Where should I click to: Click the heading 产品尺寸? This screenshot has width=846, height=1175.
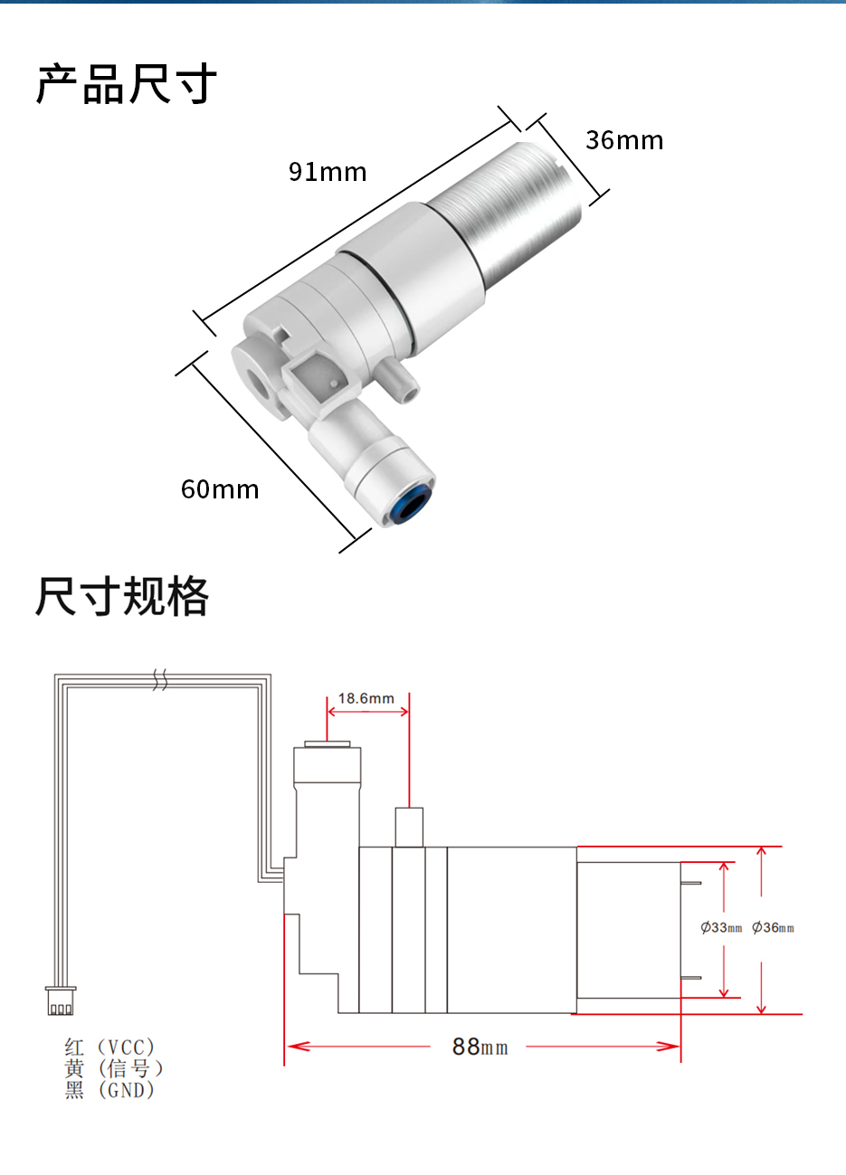(127, 84)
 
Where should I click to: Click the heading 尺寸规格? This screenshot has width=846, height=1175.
(122, 596)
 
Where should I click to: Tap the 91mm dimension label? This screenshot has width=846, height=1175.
(328, 172)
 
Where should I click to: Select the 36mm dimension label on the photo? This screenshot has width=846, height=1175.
(624, 140)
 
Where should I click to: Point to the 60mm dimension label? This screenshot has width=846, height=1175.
(220, 489)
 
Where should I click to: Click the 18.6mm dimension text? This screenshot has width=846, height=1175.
(366, 698)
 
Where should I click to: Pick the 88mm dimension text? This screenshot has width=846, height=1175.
(480, 1047)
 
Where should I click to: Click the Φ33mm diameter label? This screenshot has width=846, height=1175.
(721, 927)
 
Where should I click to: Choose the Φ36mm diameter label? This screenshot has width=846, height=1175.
(774, 927)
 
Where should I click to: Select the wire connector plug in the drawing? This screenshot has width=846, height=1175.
(61, 1001)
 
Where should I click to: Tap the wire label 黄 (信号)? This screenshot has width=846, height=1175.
(114, 1069)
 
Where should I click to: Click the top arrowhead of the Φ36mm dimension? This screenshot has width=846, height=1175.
(762, 852)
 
